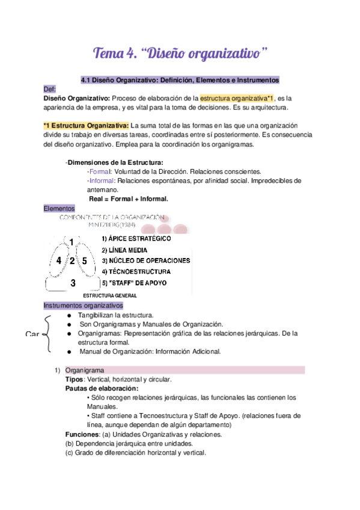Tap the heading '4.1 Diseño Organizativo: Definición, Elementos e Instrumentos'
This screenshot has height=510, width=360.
[x=180, y=79]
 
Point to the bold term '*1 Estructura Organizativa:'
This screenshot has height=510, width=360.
[x=86, y=125]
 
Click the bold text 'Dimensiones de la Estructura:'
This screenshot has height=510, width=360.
[x=115, y=162]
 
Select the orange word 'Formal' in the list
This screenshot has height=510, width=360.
[x=99, y=171]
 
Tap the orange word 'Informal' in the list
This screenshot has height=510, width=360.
[x=102, y=180]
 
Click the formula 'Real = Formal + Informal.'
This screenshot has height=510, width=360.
[x=128, y=198]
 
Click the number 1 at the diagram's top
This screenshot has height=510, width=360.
[x=72, y=242]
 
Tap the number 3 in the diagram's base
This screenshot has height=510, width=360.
[x=73, y=282]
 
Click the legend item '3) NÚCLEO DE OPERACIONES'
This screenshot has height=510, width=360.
[x=145, y=260]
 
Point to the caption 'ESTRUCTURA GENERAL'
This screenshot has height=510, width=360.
[x=110, y=296]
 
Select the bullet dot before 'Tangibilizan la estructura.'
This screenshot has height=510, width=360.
[x=70, y=315]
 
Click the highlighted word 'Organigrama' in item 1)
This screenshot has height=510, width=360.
[x=85, y=370]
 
